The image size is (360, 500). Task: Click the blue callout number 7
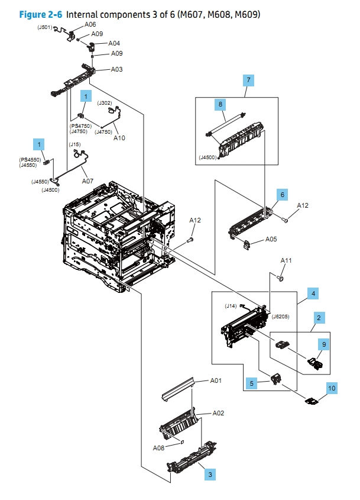pyautogui.click(x=249, y=79)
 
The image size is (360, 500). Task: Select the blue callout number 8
pyautogui.click(x=220, y=104)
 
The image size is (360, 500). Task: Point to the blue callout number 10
pyautogui.click(x=332, y=388)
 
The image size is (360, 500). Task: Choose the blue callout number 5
pyautogui.click(x=251, y=383)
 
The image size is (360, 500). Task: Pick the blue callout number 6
pyautogui.click(x=283, y=194)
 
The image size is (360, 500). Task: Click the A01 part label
pyautogui.click(x=216, y=380)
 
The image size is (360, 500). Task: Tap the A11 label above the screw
pyautogui.click(x=286, y=261)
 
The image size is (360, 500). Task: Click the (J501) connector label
pyautogui.click(x=45, y=27)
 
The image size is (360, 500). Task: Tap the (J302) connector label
pyautogui.click(x=105, y=103)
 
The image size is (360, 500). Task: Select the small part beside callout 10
pyautogui.click(x=311, y=402)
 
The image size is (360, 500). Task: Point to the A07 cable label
pyautogui.click(x=87, y=180)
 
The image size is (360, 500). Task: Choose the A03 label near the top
pyautogui.click(x=117, y=70)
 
